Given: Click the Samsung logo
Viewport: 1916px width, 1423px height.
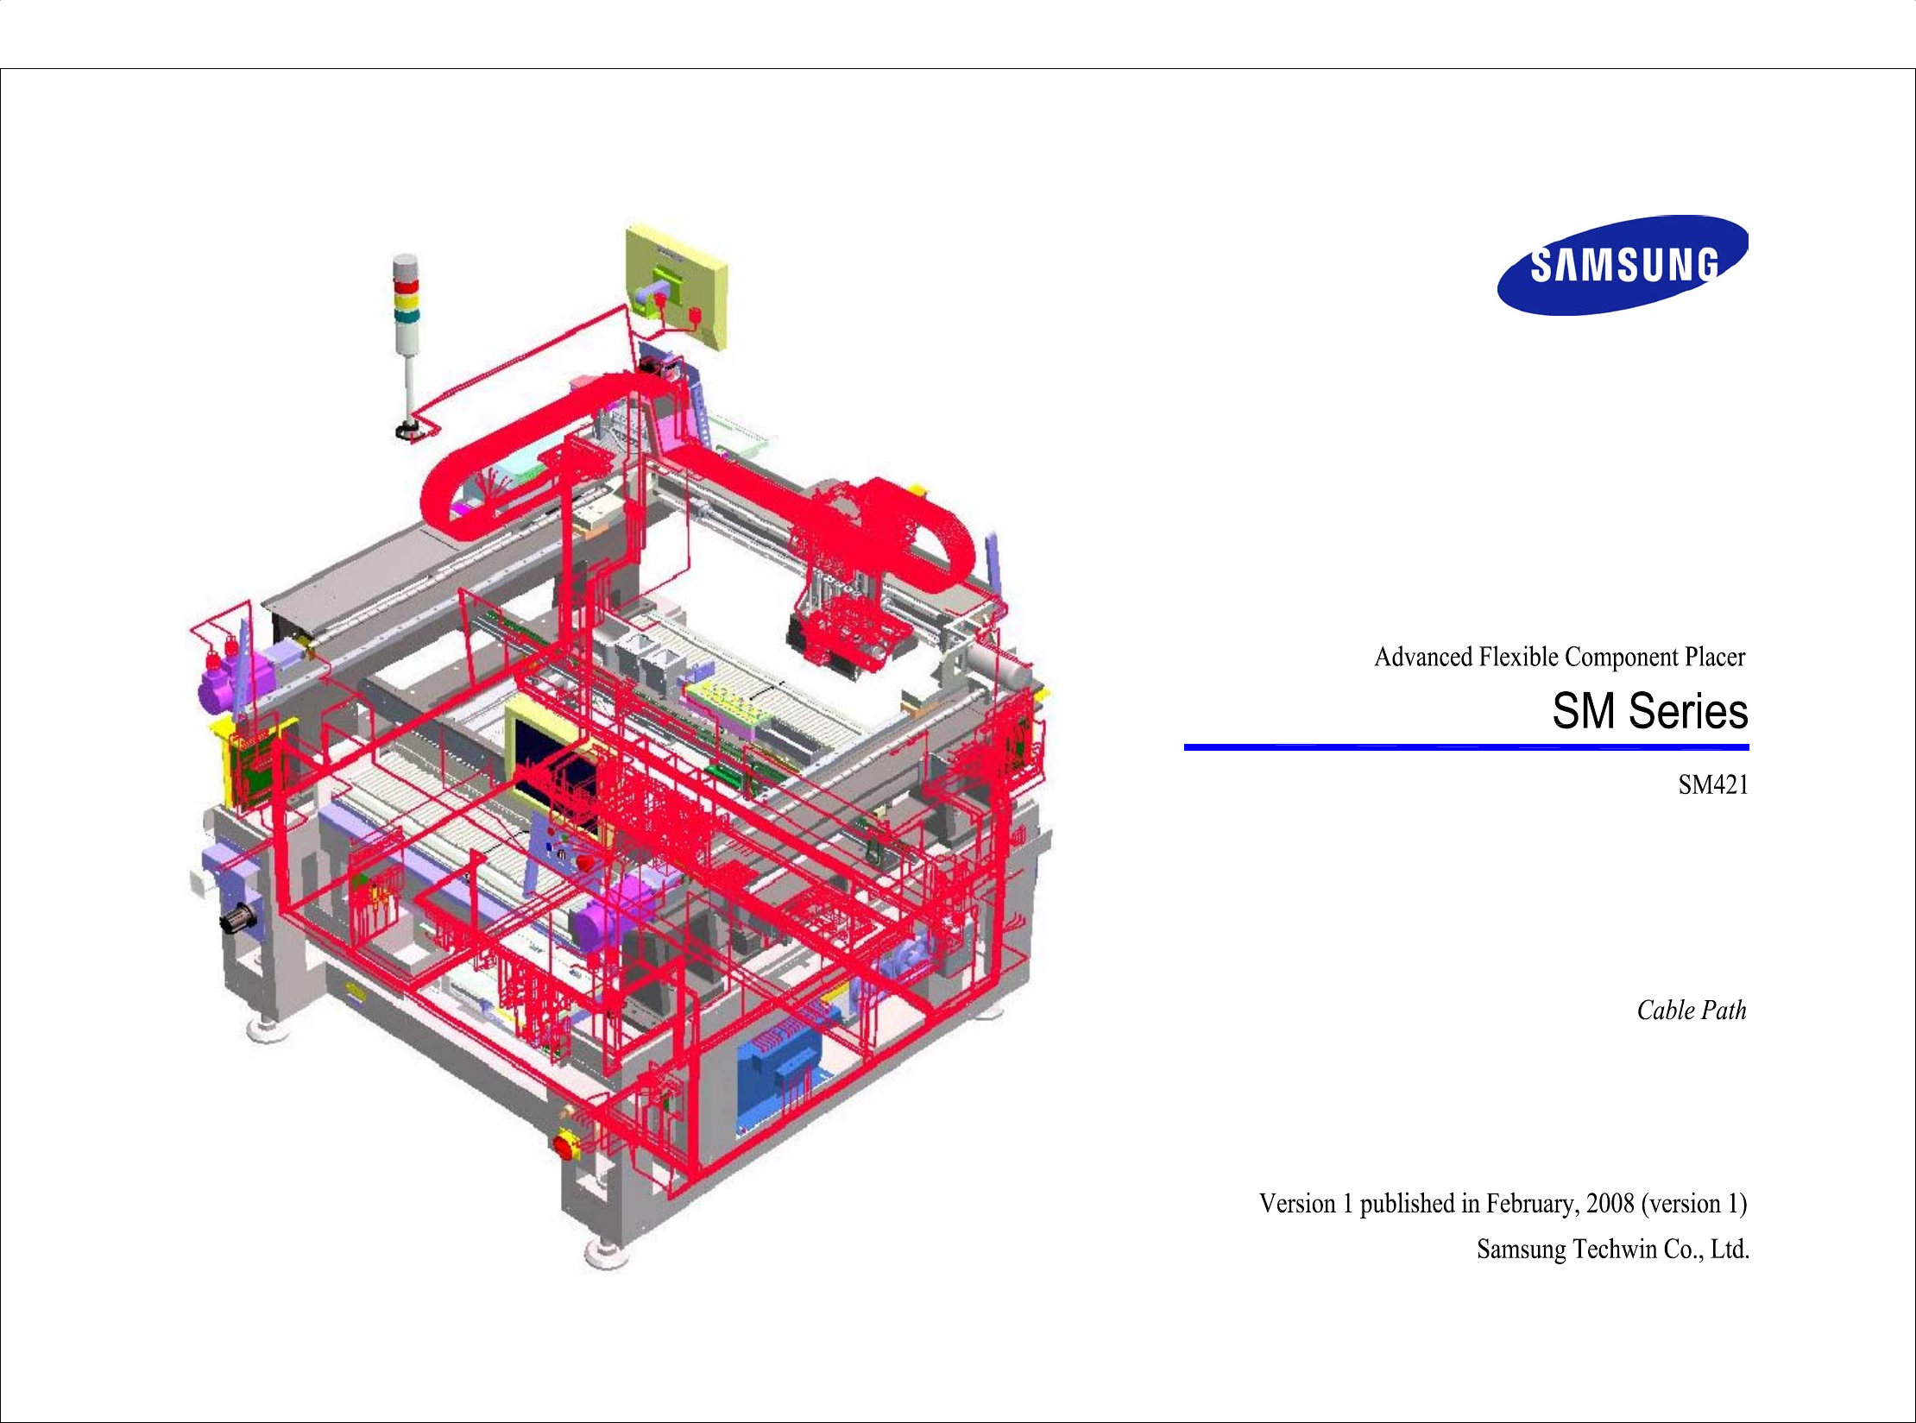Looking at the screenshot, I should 1622,265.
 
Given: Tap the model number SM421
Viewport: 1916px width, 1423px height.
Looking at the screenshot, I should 1712,785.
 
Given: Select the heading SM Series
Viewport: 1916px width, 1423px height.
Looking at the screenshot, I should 1649,711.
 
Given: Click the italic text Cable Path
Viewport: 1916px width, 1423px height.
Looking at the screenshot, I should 1691,1011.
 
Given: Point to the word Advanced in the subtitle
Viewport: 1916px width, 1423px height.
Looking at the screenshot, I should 1423,658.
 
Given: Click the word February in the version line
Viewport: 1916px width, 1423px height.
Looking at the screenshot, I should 1533,1204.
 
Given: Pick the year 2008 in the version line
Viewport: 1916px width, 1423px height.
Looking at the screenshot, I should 1610,1204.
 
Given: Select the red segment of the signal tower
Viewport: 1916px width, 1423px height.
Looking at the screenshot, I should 406,286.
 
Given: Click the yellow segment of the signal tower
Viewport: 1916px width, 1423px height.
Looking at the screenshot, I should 406,302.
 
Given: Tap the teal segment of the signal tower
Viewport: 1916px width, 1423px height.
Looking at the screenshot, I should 406,317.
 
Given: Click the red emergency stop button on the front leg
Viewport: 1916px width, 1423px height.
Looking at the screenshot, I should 565,1146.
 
